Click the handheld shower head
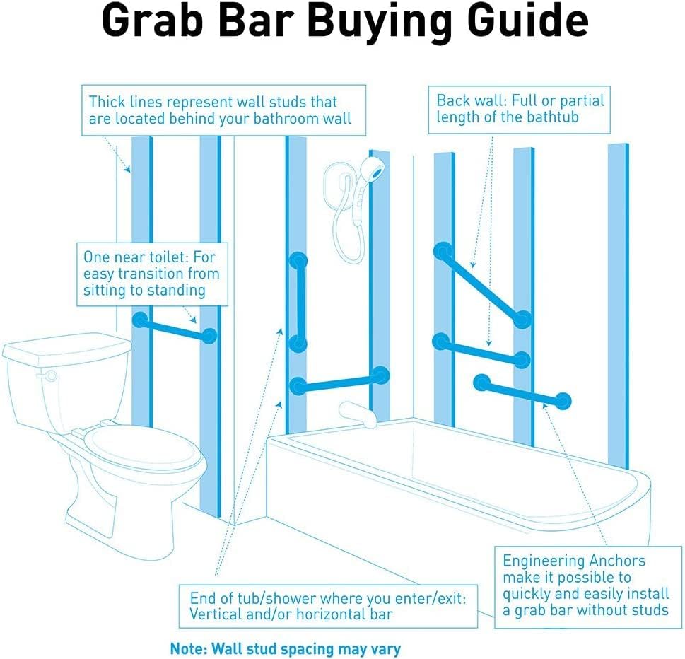click(x=373, y=170)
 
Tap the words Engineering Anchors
click(x=574, y=561)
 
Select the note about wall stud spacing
click(x=285, y=648)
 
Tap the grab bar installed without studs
click(x=522, y=392)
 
